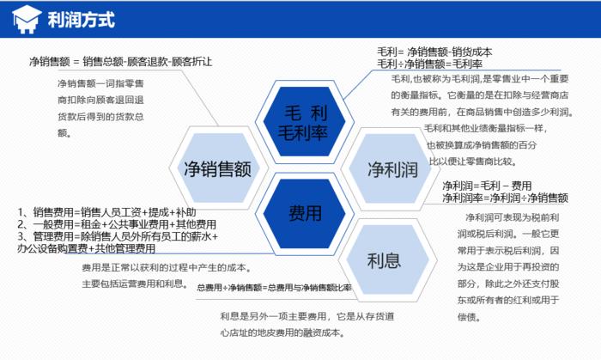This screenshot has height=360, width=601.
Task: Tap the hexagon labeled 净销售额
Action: [x=216, y=167]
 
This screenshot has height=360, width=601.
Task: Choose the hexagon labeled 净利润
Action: [x=392, y=167]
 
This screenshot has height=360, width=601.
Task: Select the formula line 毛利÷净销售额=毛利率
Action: [x=429, y=64]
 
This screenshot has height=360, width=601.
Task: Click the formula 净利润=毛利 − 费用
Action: [x=487, y=186]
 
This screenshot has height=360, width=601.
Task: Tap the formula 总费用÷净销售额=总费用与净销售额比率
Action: [x=274, y=287]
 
